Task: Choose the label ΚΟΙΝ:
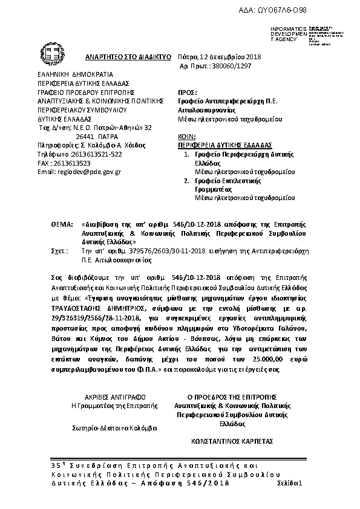click(188, 138)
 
